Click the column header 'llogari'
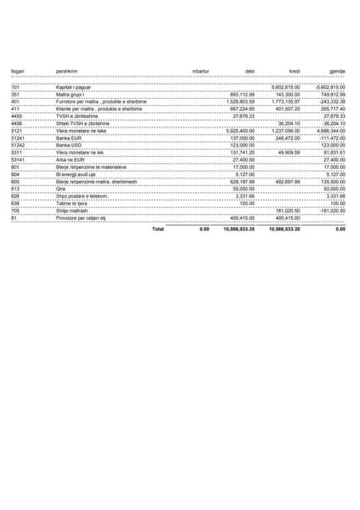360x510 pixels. pyautogui.click(x=18, y=72)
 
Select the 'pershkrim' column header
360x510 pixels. pyautogui.click(x=66, y=72)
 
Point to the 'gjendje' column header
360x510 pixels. pyautogui.click(x=338, y=72)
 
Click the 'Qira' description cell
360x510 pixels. pyautogui.click(x=60, y=188)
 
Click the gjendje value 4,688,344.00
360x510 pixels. pyautogui.click(x=330, y=130)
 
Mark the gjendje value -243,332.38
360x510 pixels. pyautogui.click(x=330, y=101)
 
